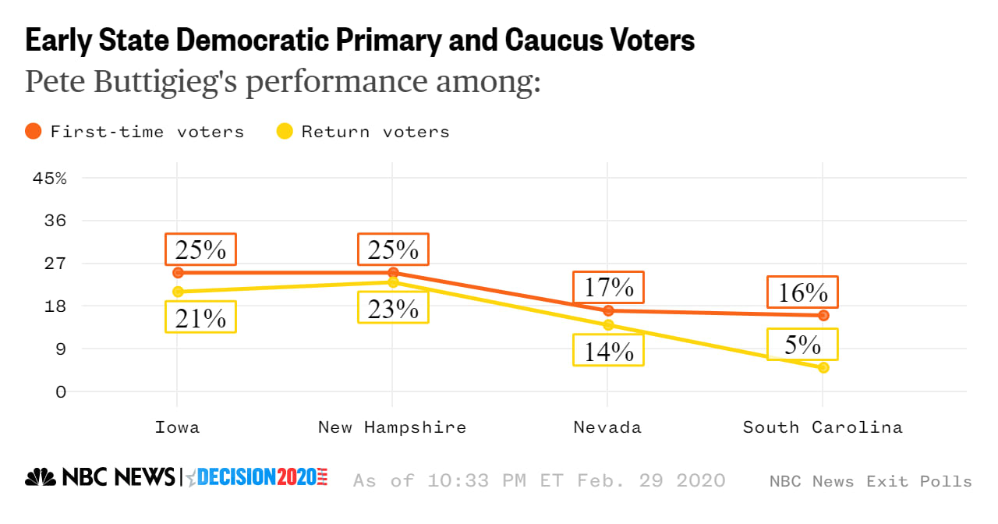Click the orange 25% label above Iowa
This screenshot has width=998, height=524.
[200, 250]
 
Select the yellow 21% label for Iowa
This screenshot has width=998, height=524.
[200, 317]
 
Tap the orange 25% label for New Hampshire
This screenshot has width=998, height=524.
[393, 250]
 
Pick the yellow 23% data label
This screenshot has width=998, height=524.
[393, 308]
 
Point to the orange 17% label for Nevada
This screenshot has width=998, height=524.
[608, 288]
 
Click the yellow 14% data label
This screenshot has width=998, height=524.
[608, 350]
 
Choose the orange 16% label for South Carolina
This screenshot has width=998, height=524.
[802, 292]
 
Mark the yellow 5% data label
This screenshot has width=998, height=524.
[802, 345]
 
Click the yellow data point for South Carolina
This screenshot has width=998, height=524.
[823, 367]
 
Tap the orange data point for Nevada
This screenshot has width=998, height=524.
[608, 310]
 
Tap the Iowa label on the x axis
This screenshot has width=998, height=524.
[177, 427]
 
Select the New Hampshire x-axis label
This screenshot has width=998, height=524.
[392, 427]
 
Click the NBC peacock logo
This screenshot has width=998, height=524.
[41, 477]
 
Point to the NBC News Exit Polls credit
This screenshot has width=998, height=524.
[870, 481]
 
